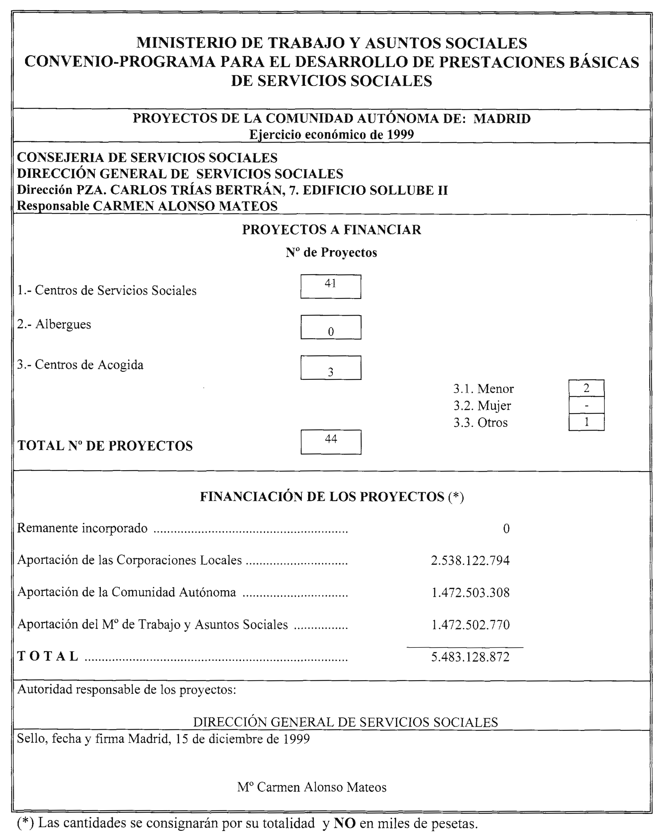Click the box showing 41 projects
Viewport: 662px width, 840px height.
(331, 287)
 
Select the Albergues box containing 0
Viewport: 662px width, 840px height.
(331, 327)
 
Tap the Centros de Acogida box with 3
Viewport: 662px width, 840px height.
(331, 368)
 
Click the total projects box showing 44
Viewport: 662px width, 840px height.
(331, 442)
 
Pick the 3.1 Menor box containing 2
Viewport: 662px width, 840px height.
(586, 388)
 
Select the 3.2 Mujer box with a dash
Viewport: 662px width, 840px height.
(586, 405)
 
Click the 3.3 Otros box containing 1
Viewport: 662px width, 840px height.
(586, 422)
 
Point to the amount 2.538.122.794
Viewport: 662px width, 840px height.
(470, 560)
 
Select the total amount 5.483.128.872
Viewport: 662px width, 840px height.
(470, 657)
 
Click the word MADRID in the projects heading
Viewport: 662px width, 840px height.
(502, 119)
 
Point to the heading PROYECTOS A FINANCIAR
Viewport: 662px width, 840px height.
(331, 230)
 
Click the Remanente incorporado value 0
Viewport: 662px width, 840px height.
(506, 529)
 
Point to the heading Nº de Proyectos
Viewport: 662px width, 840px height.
(331, 253)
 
